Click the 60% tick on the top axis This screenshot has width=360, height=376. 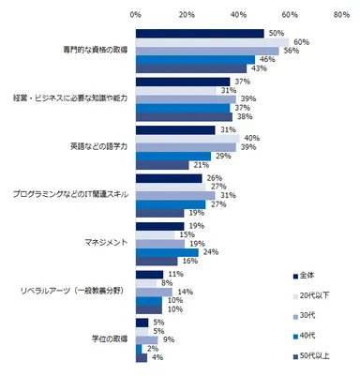[x=290, y=15]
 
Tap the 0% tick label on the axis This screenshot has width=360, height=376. [x=135, y=15]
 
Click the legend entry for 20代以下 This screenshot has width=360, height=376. [x=314, y=294]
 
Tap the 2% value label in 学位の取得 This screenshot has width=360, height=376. [x=150, y=350]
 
